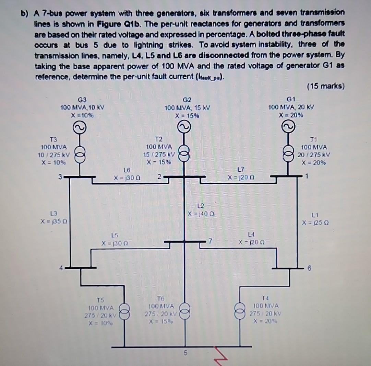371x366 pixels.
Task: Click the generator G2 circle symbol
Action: click(185, 128)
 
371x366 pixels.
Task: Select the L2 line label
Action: click(201, 205)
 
